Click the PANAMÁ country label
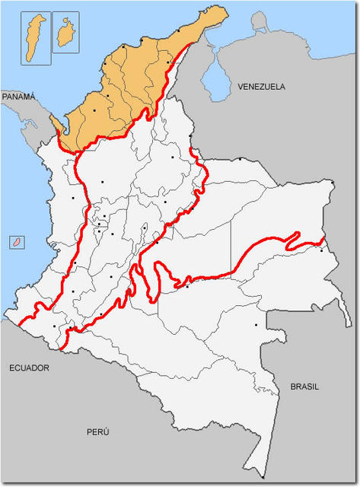click(18, 97)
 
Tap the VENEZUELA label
click(261, 87)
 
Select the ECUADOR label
click(29, 368)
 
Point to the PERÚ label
click(97, 431)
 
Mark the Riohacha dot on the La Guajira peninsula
click(179, 31)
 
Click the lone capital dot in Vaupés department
click(256, 325)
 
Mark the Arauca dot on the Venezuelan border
click(241, 159)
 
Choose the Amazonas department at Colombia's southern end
click(228, 396)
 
